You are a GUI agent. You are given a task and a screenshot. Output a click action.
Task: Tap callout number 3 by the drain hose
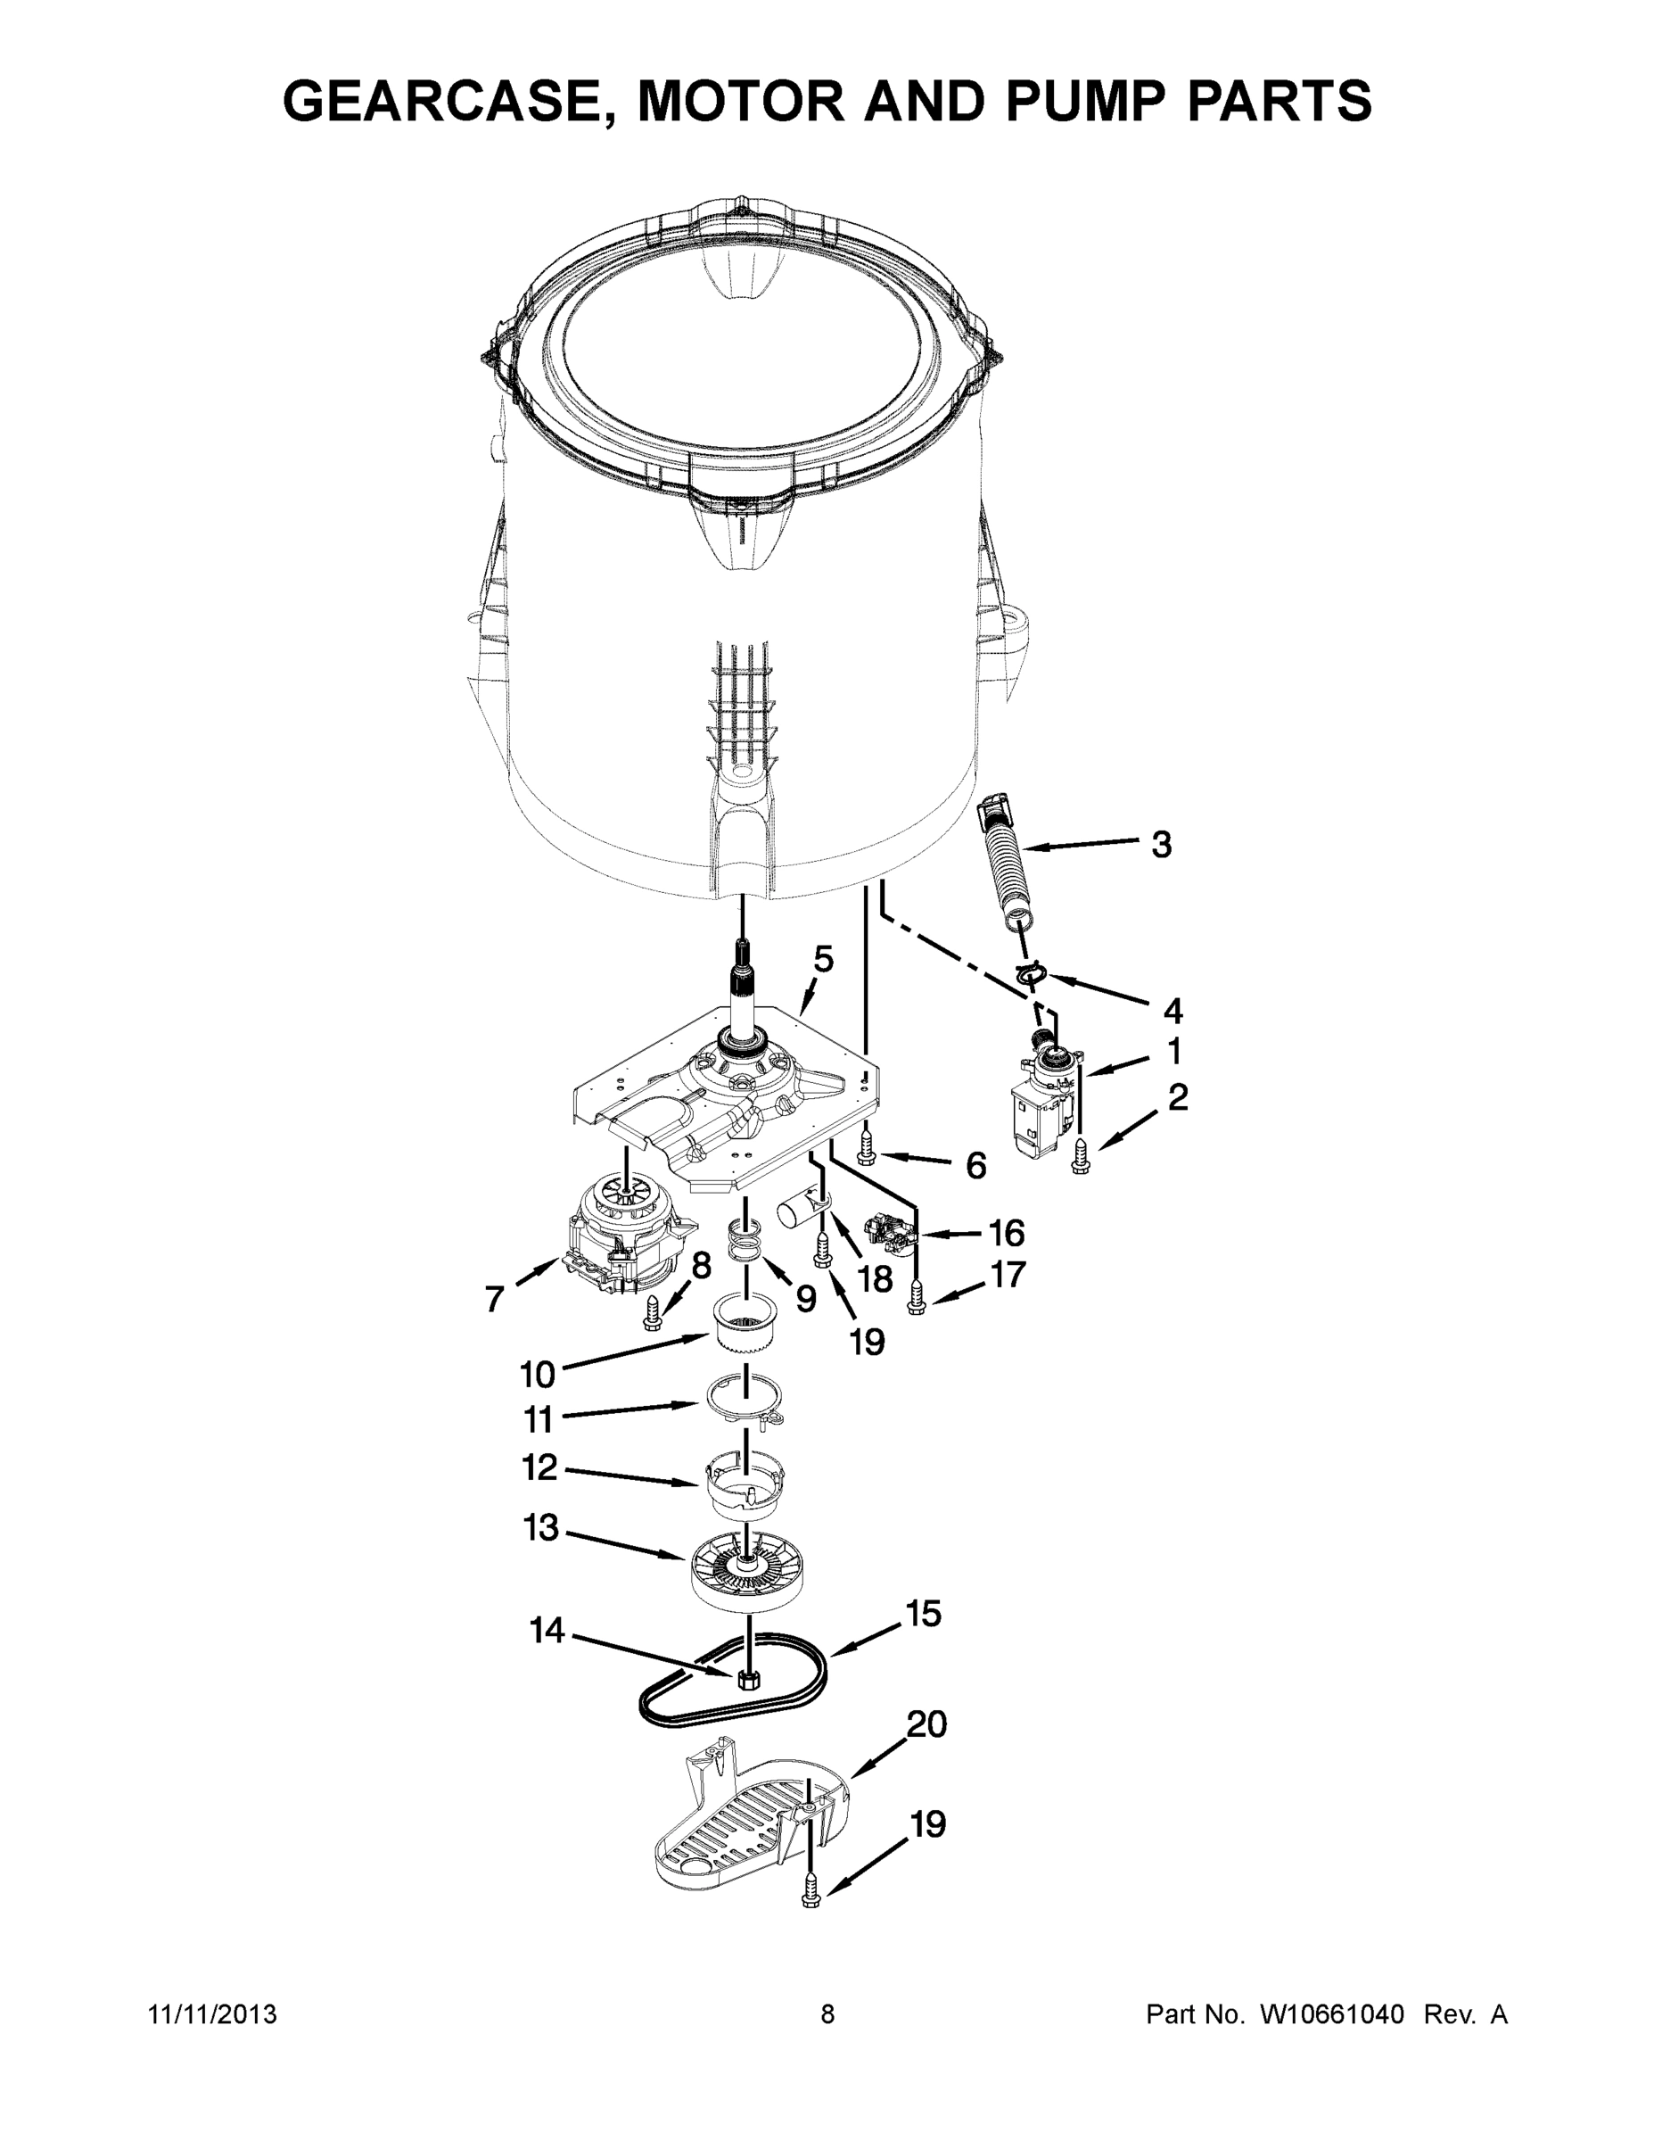point(1161,844)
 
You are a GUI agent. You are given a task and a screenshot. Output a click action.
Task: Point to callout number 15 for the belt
point(922,1614)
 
